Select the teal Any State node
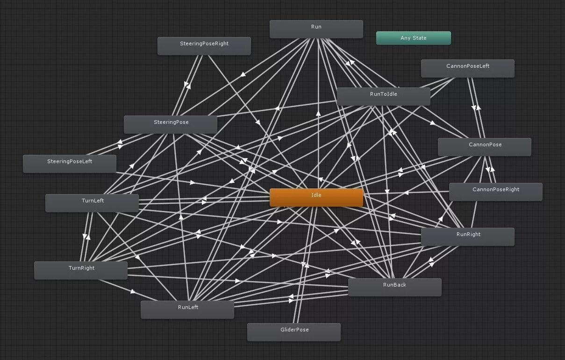coord(413,38)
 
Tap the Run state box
coord(316,29)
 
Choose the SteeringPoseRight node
coord(204,46)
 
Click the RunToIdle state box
coord(383,96)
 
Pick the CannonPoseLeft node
coord(467,68)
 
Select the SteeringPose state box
coord(170,124)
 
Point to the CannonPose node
coord(484,147)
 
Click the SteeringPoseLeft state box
coord(69,164)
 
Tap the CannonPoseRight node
coord(495,192)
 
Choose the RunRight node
coord(467,237)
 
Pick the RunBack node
coord(394,287)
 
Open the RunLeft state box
coord(187,310)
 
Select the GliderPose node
coord(293,332)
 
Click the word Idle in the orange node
coord(316,195)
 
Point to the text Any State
coord(413,38)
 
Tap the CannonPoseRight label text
coord(495,189)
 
